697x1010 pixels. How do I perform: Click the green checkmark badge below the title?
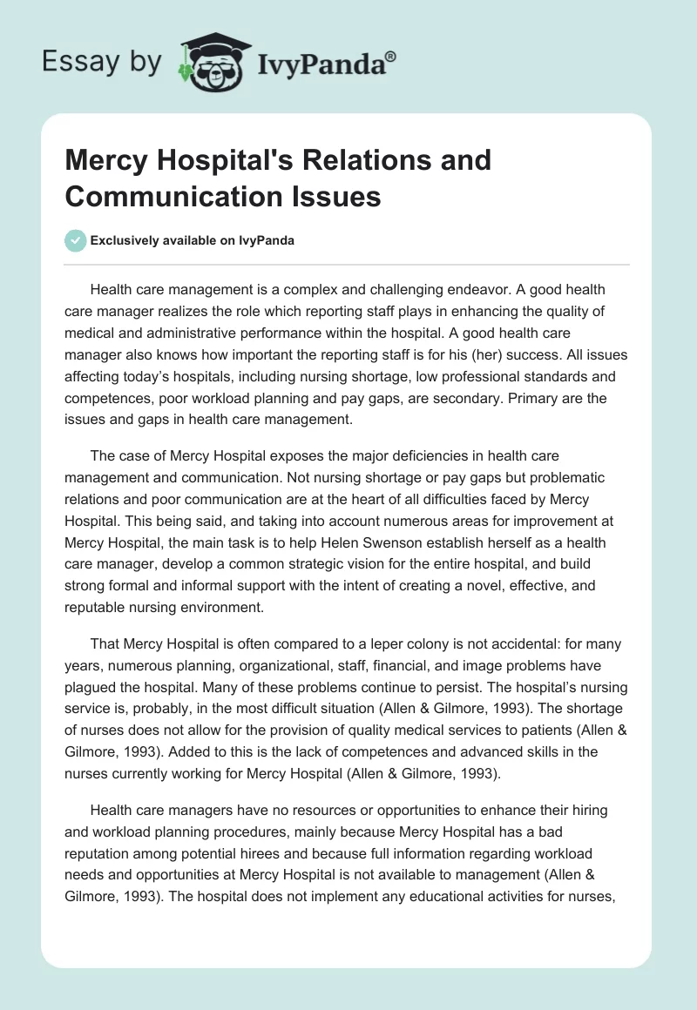(x=76, y=240)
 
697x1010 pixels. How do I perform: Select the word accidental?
(x=496, y=645)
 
